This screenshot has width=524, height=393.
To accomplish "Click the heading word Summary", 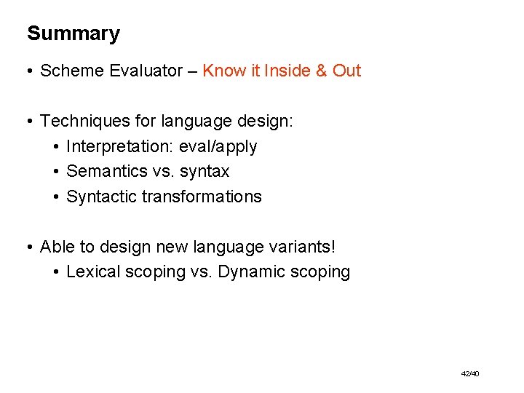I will tap(74, 34).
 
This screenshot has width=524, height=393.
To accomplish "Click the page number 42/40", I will tap(470, 373).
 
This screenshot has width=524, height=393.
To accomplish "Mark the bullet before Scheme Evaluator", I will tap(30, 71).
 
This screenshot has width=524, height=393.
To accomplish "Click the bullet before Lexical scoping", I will tap(56, 273).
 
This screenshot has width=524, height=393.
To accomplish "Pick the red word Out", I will tap(347, 71).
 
